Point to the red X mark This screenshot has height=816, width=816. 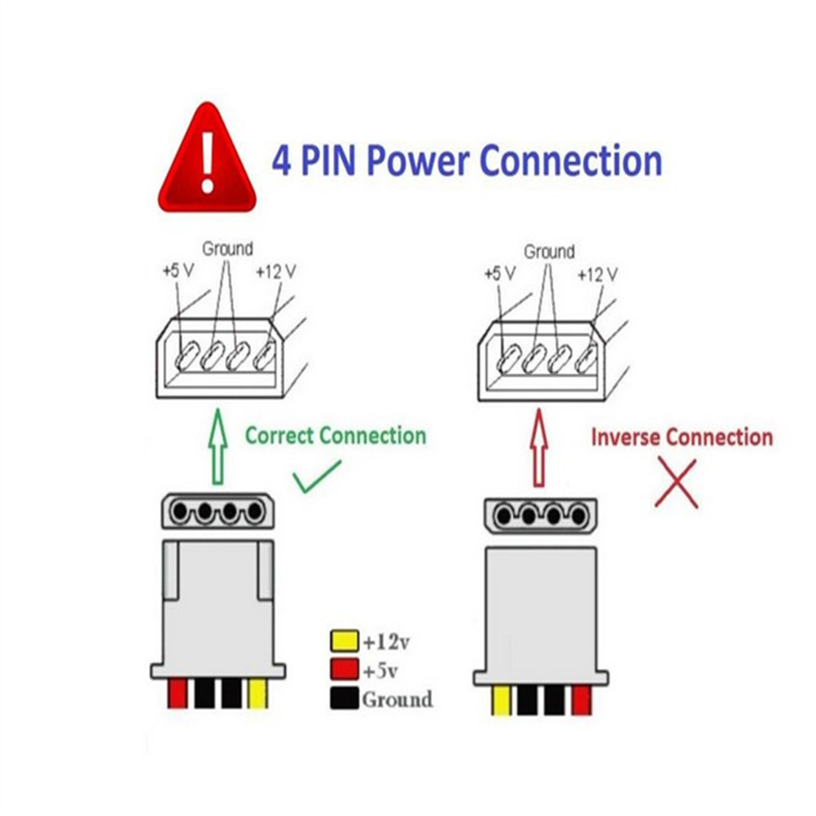tap(676, 483)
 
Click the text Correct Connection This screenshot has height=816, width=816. tap(336, 436)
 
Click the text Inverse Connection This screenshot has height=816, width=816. tap(682, 437)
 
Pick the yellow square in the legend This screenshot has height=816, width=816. tap(344, 642)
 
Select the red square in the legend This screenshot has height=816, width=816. tap(344, 670)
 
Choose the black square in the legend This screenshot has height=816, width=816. tap(344, 699)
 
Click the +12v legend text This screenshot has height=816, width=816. tap(386, 643)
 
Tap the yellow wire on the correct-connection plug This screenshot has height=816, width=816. tap(257, 693)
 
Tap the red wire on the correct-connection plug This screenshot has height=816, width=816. tap(178, 693)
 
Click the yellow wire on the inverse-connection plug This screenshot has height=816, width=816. tap(501, 700)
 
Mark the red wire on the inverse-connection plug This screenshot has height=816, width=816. tap(581, 700)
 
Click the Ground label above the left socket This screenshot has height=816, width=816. tap(227, 248)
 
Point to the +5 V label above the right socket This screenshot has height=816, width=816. tap(499, 274)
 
